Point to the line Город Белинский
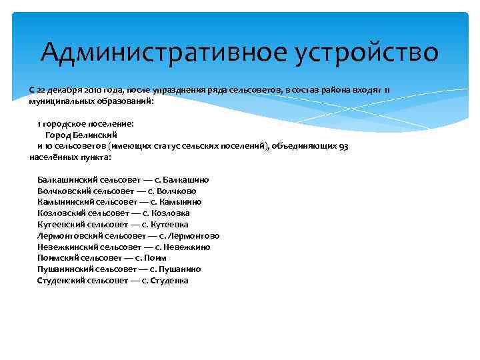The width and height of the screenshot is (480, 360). pos(81,135)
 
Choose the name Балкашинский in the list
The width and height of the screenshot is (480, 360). pos(67,180)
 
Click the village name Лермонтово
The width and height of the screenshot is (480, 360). pos(195,236)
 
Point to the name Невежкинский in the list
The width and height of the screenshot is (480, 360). pos(68,247)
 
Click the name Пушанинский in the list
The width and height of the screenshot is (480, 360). pos(65,269)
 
